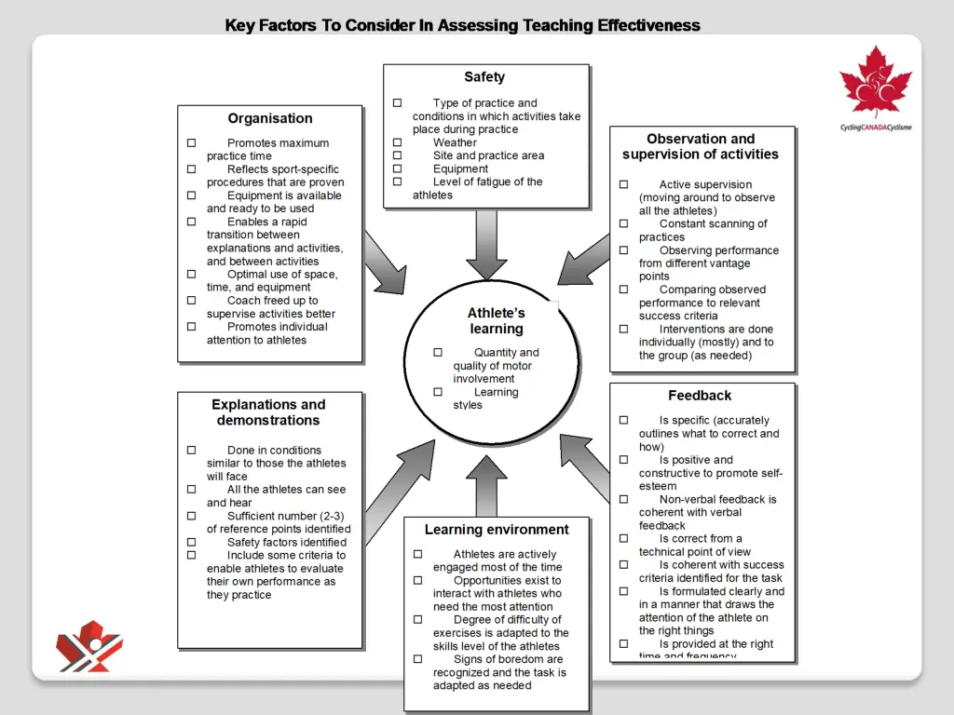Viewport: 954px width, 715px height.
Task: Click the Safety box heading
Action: pyautogui.click(x=484, y=77)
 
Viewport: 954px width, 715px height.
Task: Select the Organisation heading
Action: pyautogui.click(x=270, y=118)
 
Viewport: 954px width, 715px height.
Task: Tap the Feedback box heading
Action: pyautogui.click(x=700, y=396)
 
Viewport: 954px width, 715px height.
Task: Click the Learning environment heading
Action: pyautogui.click(x=497, y=530)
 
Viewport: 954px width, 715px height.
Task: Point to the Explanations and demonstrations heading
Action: pyautogui.click(x=268, y=412)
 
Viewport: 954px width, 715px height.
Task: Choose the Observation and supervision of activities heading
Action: pyautogui.click(x=701, y=147)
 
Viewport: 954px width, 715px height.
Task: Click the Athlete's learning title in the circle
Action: pyautogui.click(x=497, y=321)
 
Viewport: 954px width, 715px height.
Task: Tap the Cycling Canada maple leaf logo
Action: pyautogui.click(x=875, y=83)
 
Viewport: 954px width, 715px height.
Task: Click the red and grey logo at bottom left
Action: pyautogui.click(x=89, y=646)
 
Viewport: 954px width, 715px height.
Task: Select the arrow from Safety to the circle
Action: pyautogui.click(x=486, y=243)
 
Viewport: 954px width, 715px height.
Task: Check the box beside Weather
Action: pyautogui.click(x=397, y=142)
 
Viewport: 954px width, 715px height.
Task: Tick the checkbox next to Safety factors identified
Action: pyautogui.click(x=191, y=542)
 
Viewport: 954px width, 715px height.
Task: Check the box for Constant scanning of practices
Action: pyautogui.click(x=623, y=223)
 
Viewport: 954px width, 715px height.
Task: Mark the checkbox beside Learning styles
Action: pyautogui.click(x=437, y=392)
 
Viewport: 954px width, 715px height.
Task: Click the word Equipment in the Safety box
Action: pyautogui.click(x=460, y=169)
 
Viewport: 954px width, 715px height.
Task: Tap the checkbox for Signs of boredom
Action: pyautogui.click(x=418, y=659)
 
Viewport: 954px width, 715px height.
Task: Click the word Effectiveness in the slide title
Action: pyautogui.click(x=648, y=25)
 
